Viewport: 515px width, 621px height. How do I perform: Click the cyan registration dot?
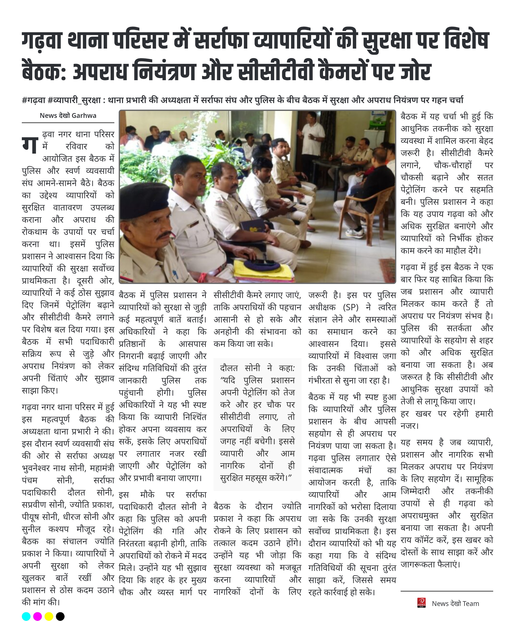click(26, 616)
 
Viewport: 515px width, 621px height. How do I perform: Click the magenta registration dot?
click(37, 616)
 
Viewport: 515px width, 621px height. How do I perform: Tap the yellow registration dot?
click(49, 616)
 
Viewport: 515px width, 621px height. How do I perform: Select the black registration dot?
click(60, 616)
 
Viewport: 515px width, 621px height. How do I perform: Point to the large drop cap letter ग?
click(30, 145)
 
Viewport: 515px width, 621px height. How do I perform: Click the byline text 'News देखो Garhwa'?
click(68, 116)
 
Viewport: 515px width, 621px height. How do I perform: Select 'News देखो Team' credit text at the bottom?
click(455, 604)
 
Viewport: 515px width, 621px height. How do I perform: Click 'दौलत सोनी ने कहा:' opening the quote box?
click(257, 368)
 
